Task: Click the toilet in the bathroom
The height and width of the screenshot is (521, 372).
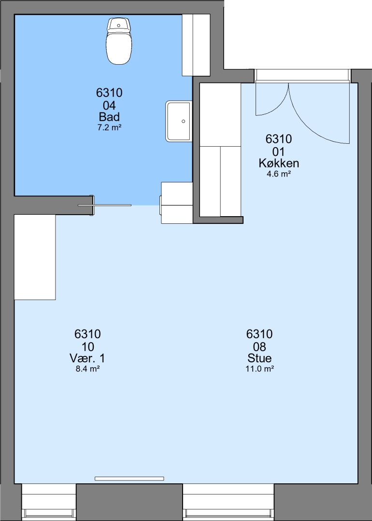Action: [119, 41]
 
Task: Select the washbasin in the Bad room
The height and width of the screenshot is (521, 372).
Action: [179, 121]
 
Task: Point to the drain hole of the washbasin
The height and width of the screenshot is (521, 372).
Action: [183, 121]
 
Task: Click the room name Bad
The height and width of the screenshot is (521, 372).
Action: [109, 117]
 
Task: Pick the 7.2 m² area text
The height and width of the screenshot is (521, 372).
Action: [109, 127]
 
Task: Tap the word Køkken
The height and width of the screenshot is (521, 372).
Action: [279, 163]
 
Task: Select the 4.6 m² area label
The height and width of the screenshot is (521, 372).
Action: [279, 174]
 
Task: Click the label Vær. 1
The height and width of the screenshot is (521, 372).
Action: [87, 358]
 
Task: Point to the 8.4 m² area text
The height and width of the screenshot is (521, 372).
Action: [88, 369]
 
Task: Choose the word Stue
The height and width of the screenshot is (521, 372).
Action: [259, 358]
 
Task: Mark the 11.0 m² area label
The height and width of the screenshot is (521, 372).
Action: [259, 369]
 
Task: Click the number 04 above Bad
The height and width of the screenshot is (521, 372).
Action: [109, 106]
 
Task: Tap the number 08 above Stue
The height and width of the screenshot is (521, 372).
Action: [259, 347]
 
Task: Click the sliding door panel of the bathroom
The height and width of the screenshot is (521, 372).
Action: [104, 206]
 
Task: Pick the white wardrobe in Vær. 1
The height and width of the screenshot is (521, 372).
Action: [35, 257]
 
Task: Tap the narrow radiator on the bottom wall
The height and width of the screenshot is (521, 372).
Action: [129, 479]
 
